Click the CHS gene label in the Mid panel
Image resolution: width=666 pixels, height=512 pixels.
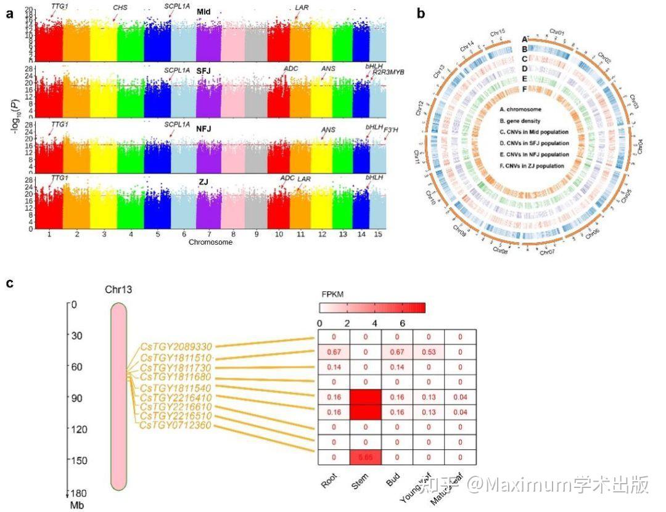pyautogui.click(x=120, y=7)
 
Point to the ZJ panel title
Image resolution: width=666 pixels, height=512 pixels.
pyautogui.click(x=203, y=182)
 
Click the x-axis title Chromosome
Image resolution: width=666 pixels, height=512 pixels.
pyautogui.click(x=211, y=242)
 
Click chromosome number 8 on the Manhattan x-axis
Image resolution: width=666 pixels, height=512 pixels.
pyautogui.click(x=232, y=234)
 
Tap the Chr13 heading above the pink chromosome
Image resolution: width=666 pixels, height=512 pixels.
pyautogui.click(x=118, y=290)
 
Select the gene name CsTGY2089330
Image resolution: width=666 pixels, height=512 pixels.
pyautogui.click(x=176, y=347)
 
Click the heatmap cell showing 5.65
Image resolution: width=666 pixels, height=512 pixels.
pyautogui.click(x=366, y=458)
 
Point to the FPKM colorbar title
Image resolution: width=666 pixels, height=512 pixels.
pyautogui.click(x=332, y=294)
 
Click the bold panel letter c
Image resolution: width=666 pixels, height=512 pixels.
pyautogui.click(x=9, y=283)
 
